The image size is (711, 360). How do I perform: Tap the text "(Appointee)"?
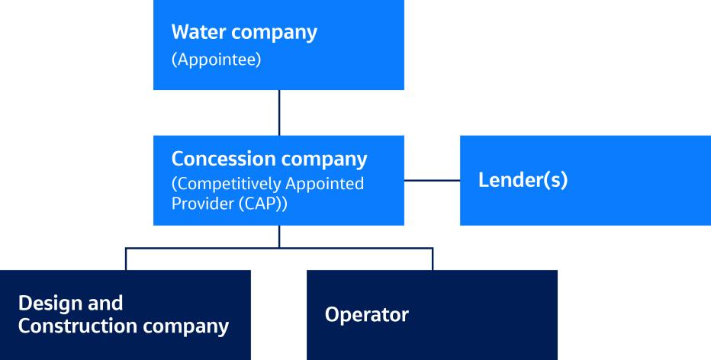pyautogui.click(x=217, y=60)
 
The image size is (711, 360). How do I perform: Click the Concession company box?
pyautogui.click(x=278, y=181)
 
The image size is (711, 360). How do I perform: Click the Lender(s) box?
pyautogui.click(x=585, y=181)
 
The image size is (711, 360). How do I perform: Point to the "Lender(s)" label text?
pyautogui.click(x=523, y=183)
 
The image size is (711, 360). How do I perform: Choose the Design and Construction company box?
pyautogui.click(x=125, y=314)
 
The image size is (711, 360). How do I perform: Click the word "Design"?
pyautogui.click(x=48, y=303)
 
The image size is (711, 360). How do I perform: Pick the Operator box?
pyautogui.click(x=432, y=314)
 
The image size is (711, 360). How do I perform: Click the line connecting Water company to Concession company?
pyautogui.click(x=279, y=113)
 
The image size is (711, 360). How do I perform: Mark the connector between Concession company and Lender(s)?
pyautogui.click(x=431, y=181)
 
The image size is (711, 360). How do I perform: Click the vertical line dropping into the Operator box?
pyautogui.click(x=433, y=259)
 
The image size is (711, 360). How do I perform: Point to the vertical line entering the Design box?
pyautogui.click(x=126, y=259)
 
